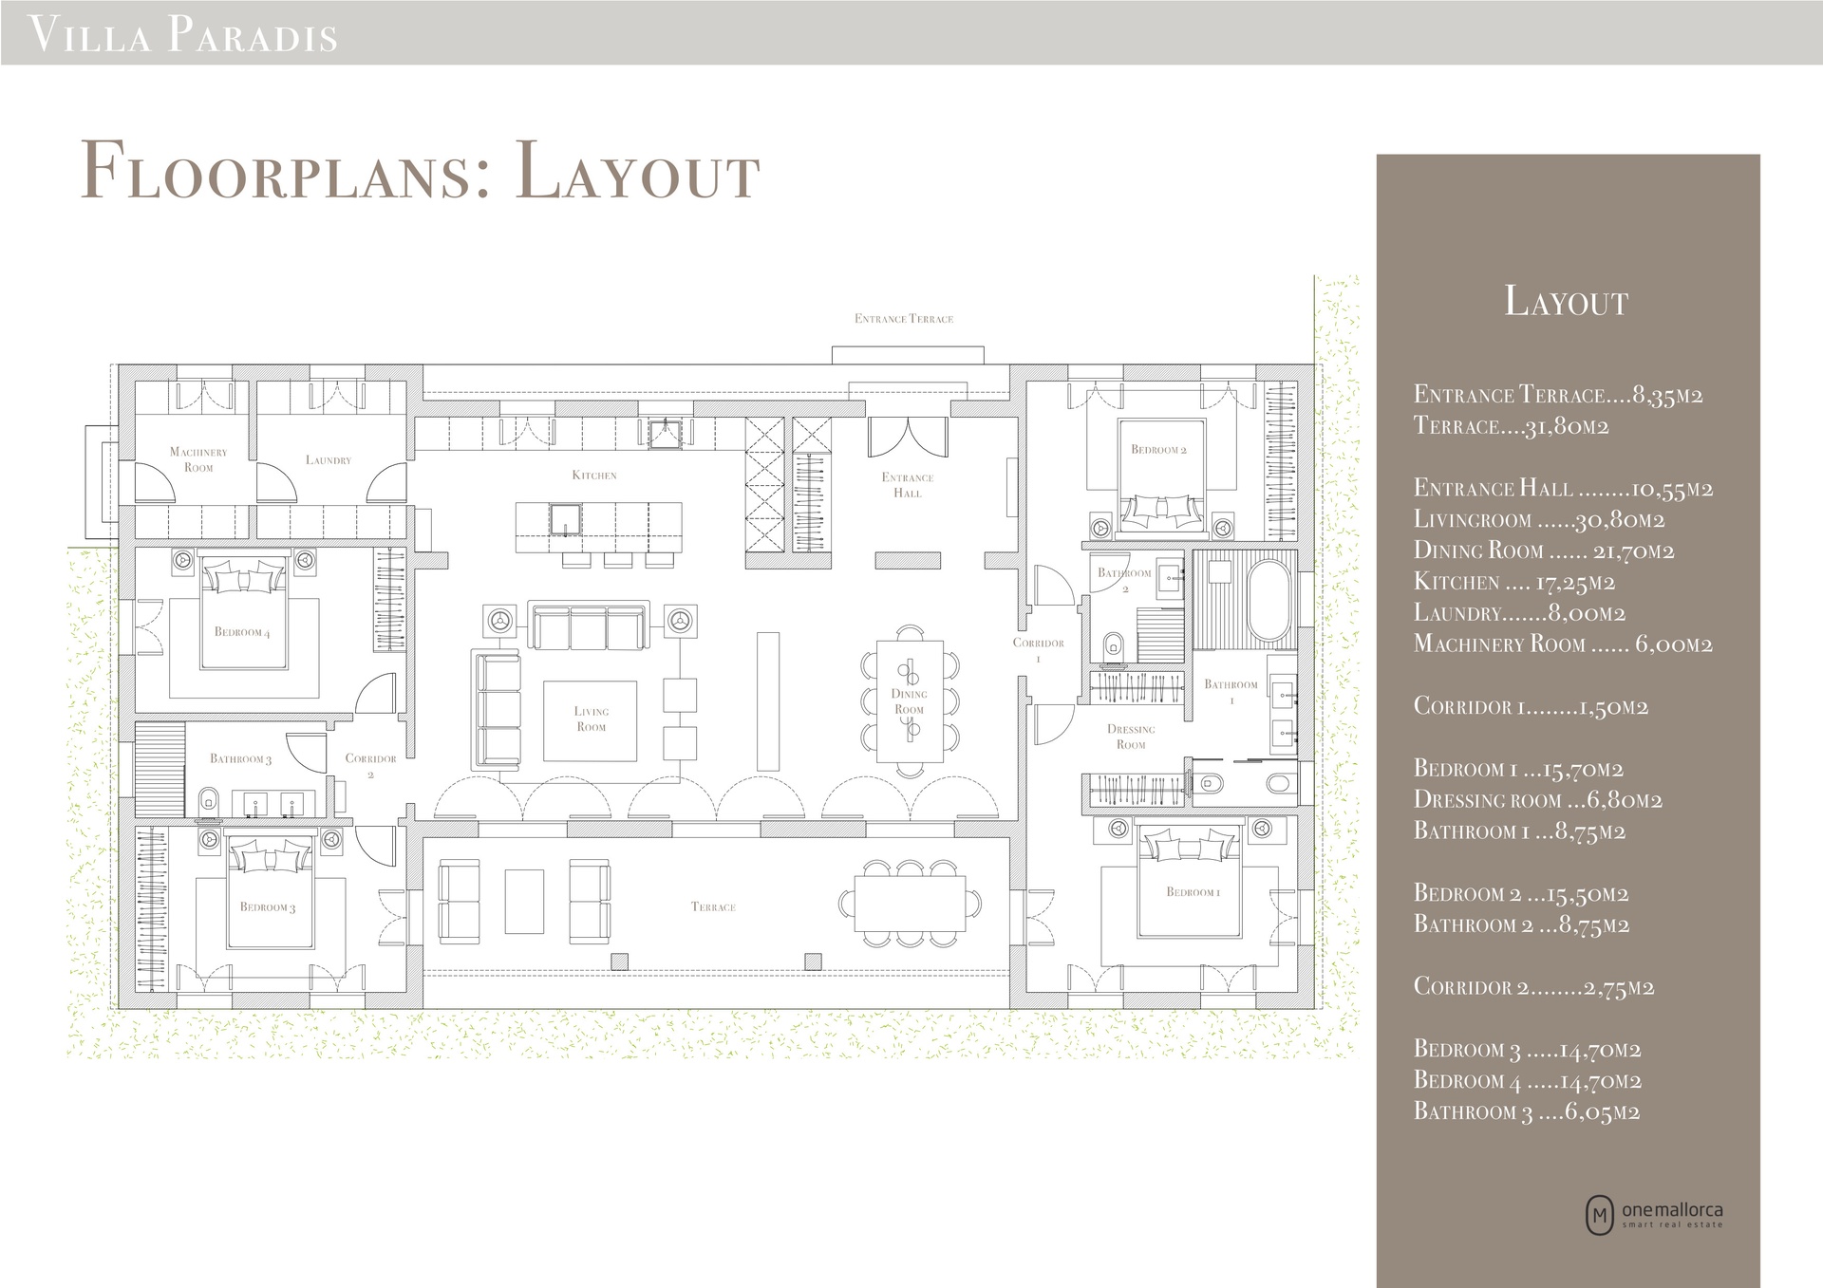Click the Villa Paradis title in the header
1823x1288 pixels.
click(184, 34)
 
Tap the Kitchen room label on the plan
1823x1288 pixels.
click(594, 475)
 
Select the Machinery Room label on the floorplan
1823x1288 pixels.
click(198, 459)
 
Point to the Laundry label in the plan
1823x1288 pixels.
click(329, 460)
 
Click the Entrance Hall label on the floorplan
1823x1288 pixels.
click(908, 485)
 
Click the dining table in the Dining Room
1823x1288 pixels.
click(910, 701)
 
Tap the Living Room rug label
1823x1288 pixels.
click(591, 719)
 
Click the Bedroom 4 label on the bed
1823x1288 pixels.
click(242, 632)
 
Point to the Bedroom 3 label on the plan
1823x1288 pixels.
click(268, 907)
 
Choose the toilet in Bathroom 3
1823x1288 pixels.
click(210, 801)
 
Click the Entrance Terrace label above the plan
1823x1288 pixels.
click(904, 319)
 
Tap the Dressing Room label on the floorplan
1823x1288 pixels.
click(1131, 737)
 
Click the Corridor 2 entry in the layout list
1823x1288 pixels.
click(1533, 987)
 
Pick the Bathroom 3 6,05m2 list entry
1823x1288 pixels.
click(1527, 1111)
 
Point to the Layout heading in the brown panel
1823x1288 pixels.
click(1567, 301)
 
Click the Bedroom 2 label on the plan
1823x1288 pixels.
click(1159, 450)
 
